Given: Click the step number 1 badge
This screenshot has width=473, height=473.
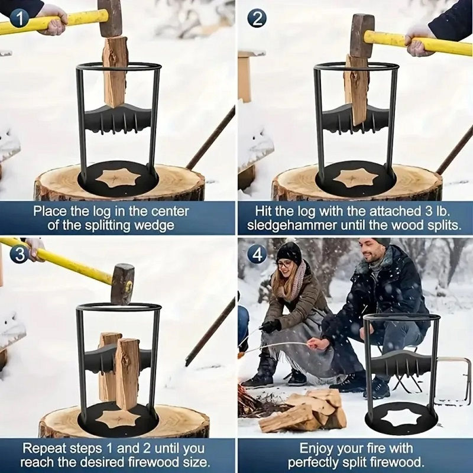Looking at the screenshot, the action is coord(20,19).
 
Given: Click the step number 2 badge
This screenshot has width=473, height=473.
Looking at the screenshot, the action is coord(257,19).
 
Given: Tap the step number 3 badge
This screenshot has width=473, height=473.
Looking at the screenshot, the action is coord(20,255).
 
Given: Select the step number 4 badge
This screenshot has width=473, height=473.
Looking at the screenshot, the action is coord(257,255).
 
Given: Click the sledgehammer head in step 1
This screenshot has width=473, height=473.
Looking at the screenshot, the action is coord(111,18).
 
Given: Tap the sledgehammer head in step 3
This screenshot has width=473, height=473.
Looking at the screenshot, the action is coord(122,284).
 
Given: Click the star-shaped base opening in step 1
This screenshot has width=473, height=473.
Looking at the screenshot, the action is coord(118,177).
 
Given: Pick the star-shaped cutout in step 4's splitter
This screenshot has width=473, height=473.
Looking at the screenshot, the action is coord(402,418).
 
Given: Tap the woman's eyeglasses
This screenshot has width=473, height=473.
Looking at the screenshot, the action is coord(285,265).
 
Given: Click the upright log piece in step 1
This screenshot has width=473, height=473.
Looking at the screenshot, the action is coord(115,72).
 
